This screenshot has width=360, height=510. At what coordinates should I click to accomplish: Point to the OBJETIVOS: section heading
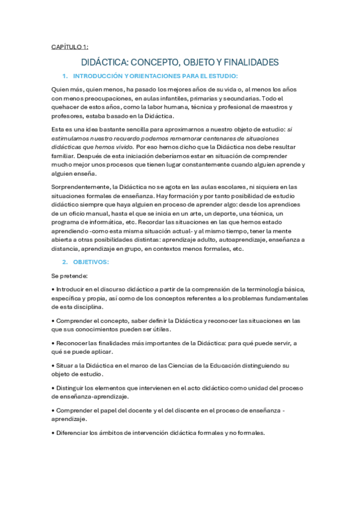(x=91, y=245)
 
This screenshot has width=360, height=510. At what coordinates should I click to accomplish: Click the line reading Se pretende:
(x=69, y=259)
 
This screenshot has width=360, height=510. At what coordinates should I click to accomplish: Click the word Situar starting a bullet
(x=64, y=365)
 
